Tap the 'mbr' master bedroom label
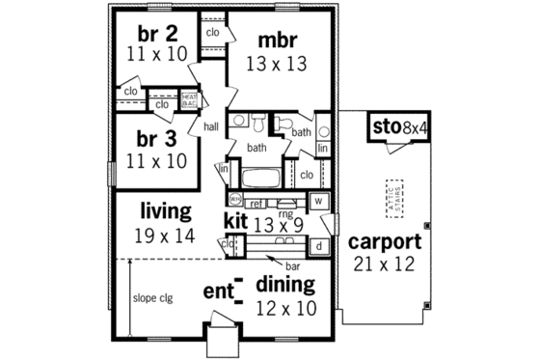pyautogui.click(x=276, y=41)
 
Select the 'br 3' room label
pyautogui.click(x=155, y=137)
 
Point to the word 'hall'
pyautogui.click(x=209, y=126)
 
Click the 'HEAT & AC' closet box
pyautogui.click(x=189, y=98)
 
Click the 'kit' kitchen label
pyautogui.click(x=236, y=221)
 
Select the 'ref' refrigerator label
pyautogui.click(x=256, y=204)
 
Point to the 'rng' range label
pyautogui.click(x=285, y=214)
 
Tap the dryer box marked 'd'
pyautogui.click(x=319, y=246)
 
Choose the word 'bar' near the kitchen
pyautogui.click(x=290, y=263)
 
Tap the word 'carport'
pyautogui.click(x=385, y=241)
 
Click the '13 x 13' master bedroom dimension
pyautogui.click(x=276, y=65)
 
